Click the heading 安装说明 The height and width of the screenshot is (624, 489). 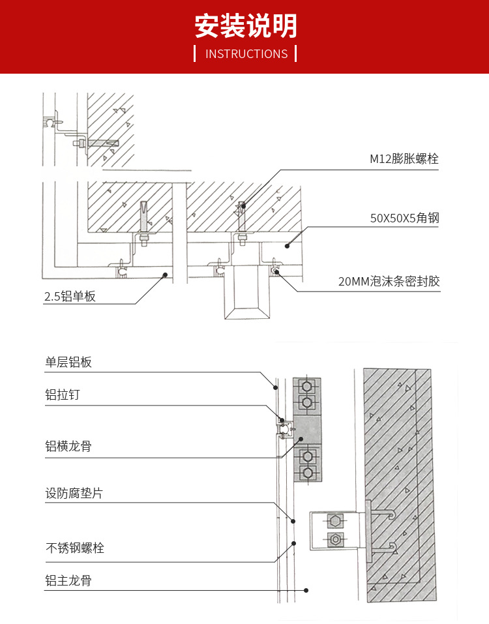click(246, 26)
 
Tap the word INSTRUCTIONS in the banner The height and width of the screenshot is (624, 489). click(246, 54)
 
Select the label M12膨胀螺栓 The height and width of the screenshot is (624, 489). click(404, 158)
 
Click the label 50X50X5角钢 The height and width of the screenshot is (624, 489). click(404, 218)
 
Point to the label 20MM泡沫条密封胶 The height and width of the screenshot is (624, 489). click(389, 282)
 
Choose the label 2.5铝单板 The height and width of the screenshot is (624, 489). click(70, 297)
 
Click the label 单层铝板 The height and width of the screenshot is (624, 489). click(68, 363)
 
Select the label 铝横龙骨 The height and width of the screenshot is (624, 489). click(68, 447)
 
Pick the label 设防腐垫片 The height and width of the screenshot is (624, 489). click(74, 494)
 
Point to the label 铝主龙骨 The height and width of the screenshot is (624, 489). click(68, 580)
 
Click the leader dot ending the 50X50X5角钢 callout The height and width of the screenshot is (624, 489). click(288, 246)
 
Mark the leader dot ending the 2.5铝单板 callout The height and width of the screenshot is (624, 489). click(165, 275)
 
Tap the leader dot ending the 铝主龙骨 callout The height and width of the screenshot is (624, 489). click(306, 590)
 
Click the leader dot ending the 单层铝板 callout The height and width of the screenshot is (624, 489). click(276, 387)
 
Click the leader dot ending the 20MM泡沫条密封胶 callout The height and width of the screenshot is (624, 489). click(278, 274)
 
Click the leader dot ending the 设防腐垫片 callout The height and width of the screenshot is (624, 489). click(293, 521)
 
